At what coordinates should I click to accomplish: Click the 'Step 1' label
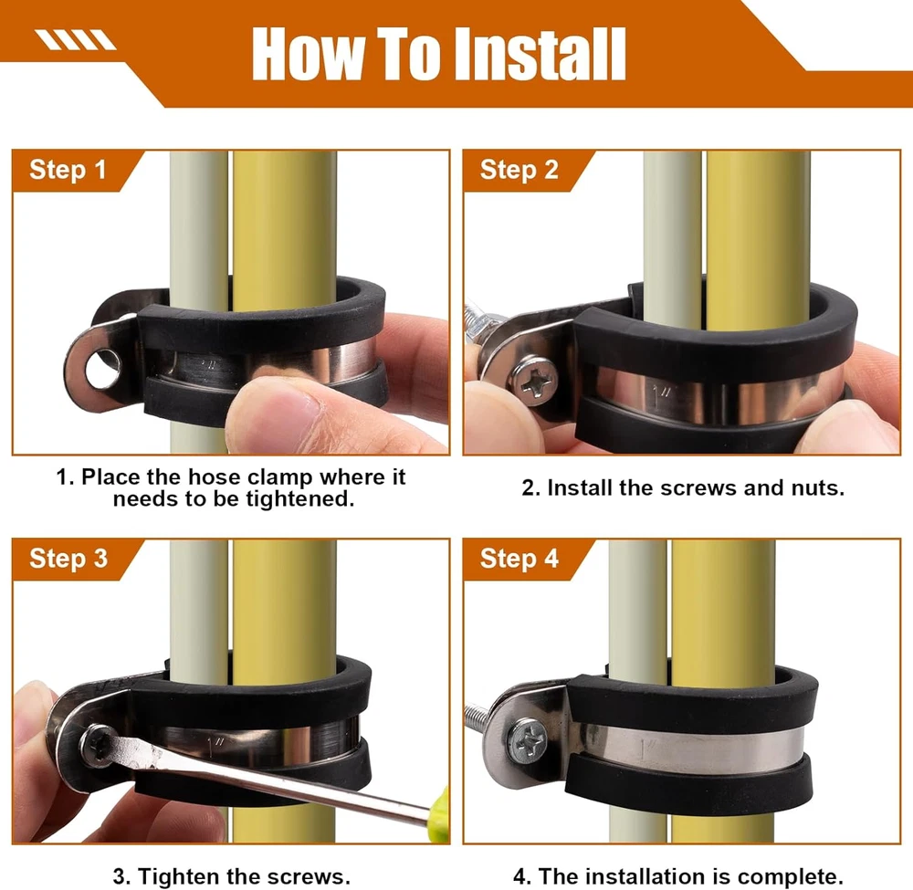68,170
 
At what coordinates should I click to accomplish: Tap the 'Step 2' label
519,170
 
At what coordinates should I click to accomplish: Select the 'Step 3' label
68,559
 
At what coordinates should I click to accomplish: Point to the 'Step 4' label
519,559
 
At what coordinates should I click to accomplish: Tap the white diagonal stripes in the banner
76,40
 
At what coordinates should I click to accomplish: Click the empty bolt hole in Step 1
104,369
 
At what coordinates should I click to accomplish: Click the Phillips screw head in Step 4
527,741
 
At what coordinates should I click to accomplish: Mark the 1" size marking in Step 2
662,396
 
